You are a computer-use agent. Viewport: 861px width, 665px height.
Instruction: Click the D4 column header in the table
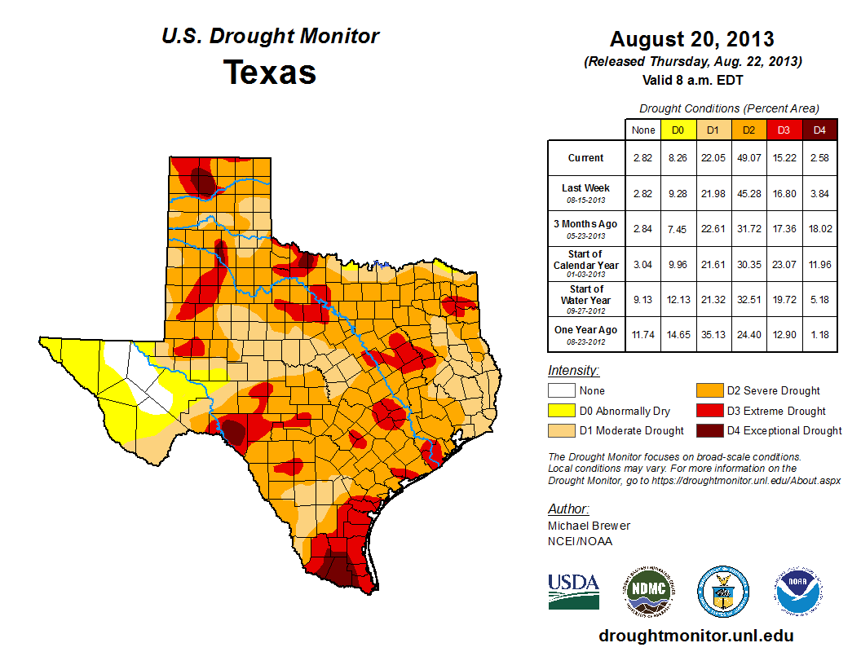(819, 130)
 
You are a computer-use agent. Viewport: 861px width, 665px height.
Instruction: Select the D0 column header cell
(677, 130)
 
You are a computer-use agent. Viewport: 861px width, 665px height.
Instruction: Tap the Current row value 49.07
(748, 158)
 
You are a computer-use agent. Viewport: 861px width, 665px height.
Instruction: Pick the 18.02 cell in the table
(819, 229)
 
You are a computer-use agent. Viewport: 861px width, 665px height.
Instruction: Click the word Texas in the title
(270, 72)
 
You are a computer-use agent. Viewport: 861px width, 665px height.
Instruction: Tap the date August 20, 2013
(691, 39)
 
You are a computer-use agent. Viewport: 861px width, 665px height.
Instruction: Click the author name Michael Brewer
(589, 526)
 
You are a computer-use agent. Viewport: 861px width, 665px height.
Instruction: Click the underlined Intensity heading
(573, 371)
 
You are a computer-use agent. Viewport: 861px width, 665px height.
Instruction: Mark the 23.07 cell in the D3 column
(784, 265)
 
